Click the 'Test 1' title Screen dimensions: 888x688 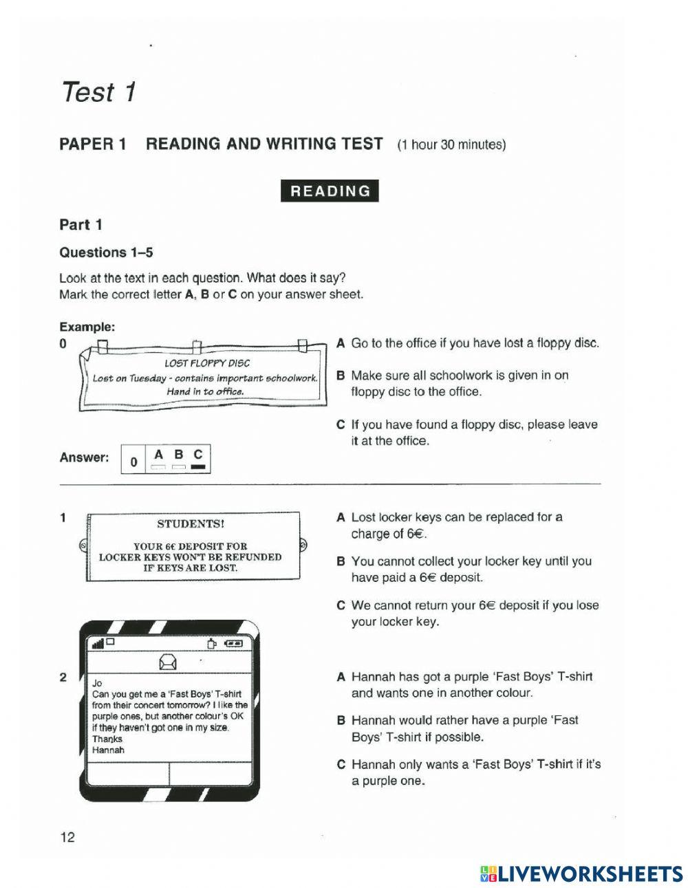(x=99, y=91)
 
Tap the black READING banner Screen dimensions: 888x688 (x=330, y=191)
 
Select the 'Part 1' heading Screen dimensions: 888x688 (x=80, y=225)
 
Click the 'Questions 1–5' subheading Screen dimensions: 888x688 (x=106, y=252)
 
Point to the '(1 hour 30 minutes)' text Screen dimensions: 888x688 (x=451, y=145)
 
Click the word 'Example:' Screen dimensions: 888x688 (x=87, y=327)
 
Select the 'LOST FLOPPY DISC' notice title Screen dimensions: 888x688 (x=206, y=363)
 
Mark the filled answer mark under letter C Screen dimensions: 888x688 (x=200, y=468)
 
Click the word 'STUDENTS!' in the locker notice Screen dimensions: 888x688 (x=191, y=523)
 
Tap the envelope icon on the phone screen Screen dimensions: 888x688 (x=168, y=662)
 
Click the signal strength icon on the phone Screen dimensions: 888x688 (x=98, y=643)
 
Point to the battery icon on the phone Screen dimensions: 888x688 (x=234, y=644)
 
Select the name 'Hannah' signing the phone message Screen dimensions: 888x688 (x=108, y=750)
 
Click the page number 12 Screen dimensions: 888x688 (x=67, y=837)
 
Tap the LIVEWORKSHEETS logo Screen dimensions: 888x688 (x=581, y=874)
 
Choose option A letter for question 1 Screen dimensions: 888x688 (x=341, y=517)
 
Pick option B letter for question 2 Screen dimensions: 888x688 (x=341, y=721)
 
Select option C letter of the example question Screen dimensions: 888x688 (x=341, y=425)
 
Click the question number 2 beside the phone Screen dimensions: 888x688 (x=63, y=678)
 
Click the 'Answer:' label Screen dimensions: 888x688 (x=84, y=457)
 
